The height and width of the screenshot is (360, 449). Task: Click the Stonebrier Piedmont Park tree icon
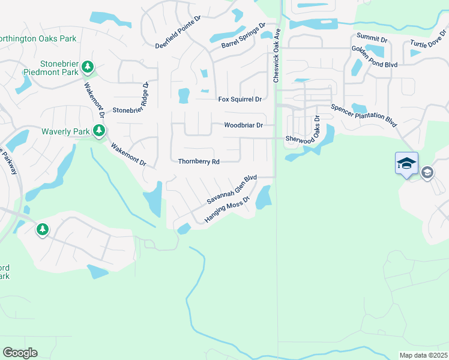click(88, 65)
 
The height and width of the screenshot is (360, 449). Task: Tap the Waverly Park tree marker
click(99, 131)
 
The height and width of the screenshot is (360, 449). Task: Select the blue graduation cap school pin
click(406, 163)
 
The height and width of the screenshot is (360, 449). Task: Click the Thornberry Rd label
click(199, 161)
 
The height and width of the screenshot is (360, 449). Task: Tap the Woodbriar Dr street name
click(243, 125)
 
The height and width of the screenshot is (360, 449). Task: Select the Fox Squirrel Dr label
click(240, 99)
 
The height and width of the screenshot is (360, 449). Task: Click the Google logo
click(20, 353)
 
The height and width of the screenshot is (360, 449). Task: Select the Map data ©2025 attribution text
click(424, 355)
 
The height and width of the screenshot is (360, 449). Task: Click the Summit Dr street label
click(372, 38)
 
